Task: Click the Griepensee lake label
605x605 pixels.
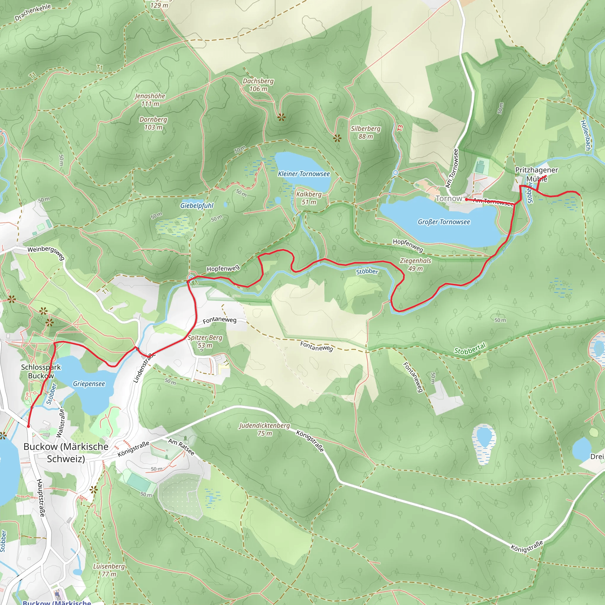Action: pos(89,384)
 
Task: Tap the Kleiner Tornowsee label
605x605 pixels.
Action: pos(304,174)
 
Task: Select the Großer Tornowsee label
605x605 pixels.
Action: pos(444,222)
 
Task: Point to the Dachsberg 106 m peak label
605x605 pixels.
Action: pos(258,85)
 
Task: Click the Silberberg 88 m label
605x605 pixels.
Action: pos(365,132)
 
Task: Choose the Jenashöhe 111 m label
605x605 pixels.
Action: pos(150,100)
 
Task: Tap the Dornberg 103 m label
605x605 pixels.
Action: pos(153,123)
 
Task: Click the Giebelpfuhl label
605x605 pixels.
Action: pos(197,206)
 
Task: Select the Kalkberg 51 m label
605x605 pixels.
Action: pos(309,198)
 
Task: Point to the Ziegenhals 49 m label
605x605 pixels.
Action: pos(415,265)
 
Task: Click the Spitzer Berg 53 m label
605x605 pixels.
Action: pos(205,341)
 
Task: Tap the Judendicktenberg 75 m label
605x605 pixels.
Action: pos(264,429)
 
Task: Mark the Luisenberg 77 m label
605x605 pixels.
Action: pos(109,570)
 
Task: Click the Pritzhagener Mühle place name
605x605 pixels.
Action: pos(536,174)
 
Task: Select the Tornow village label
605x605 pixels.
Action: pos(449,199)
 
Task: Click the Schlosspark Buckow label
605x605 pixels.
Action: pos(41,371)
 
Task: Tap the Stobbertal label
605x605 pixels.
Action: pos(470,349)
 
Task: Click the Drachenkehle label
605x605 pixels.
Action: pos(32,12)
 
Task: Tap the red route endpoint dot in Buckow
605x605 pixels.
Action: pos(28,426)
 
